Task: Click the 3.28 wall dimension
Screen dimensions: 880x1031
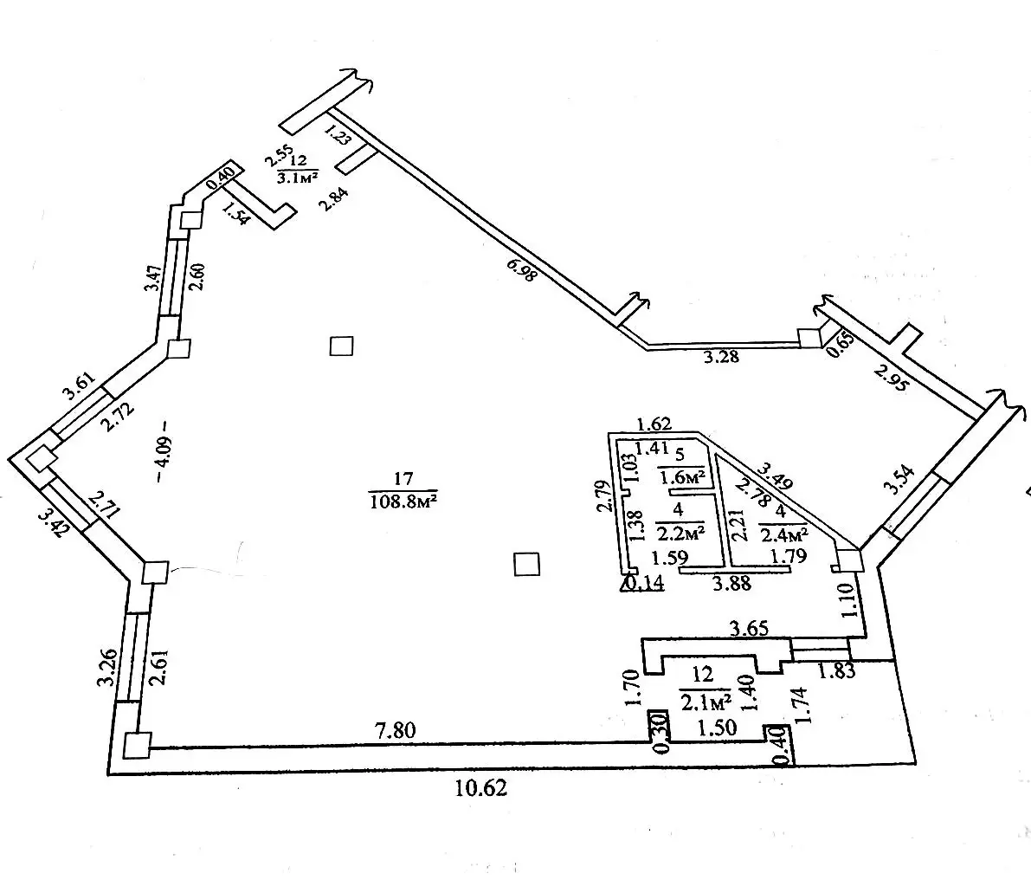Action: [x=722, y=356]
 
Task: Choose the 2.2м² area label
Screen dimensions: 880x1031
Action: [x=680, y=531]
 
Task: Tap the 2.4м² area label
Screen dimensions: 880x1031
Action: [x=784, y=532]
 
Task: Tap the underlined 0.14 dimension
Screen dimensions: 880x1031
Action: [x=644, y=583]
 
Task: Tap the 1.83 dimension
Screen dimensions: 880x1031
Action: [x=836, y=670]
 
